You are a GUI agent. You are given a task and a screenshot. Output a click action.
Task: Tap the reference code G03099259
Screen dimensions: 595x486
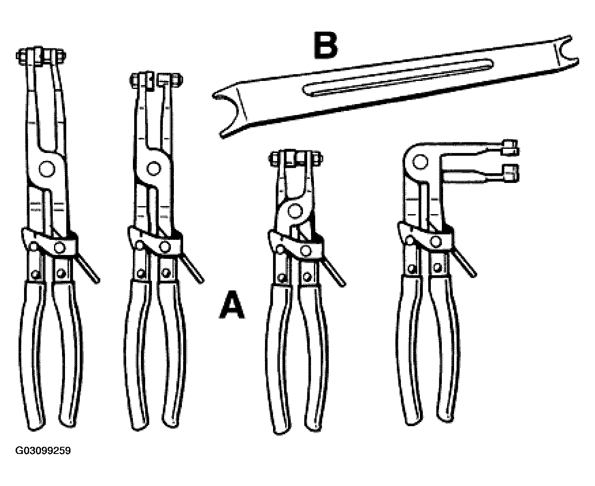tap(43, 451)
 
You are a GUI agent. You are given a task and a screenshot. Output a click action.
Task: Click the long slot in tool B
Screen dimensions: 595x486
tap(398, 78)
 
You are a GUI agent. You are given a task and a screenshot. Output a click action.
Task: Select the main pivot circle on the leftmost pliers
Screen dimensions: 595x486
tap(47, 169)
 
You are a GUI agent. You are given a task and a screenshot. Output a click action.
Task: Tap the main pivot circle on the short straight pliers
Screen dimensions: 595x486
tap(295, 211)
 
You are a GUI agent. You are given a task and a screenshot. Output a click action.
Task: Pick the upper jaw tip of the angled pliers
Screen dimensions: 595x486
tap(510, 148)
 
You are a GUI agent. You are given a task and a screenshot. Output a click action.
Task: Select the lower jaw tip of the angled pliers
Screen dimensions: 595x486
tap(510, 173)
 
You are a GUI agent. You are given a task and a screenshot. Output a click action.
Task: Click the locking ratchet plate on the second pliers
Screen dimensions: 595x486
tap(155, 242)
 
